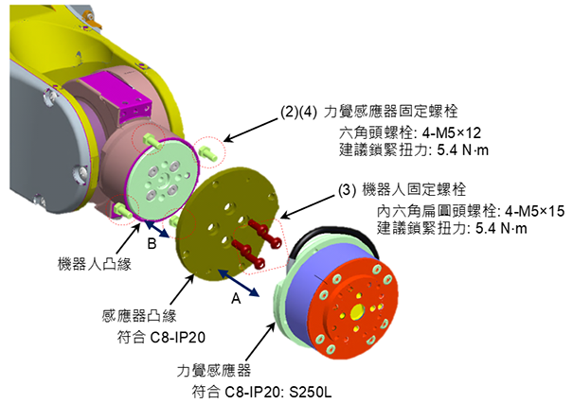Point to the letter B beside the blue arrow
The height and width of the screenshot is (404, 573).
coord(151,244)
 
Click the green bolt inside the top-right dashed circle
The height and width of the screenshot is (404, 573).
coord(210,149)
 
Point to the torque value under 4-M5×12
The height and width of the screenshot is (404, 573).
coord(428,149)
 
